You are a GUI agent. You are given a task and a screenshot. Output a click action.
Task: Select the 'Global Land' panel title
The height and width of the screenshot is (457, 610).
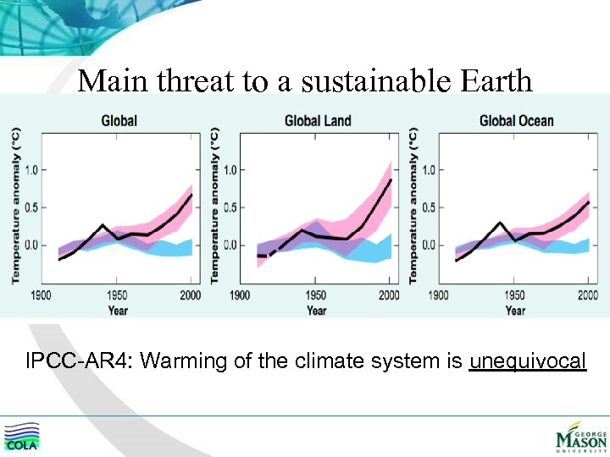(318, 121)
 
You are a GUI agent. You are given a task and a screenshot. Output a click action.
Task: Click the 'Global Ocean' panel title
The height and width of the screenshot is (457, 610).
(516, 121)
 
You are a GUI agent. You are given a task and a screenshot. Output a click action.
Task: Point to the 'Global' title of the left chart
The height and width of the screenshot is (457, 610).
(119, 121)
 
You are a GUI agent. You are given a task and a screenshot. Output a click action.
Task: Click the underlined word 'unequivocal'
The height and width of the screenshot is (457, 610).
(527, 362)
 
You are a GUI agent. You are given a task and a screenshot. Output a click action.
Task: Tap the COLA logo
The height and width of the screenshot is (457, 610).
(21, 436)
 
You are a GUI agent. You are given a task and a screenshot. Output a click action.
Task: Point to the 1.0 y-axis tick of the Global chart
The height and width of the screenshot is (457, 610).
(30, 169)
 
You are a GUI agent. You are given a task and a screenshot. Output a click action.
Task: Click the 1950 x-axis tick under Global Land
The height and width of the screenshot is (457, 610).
(314, 295)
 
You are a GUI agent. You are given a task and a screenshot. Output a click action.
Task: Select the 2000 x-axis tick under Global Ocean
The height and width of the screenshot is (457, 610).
(587, 295)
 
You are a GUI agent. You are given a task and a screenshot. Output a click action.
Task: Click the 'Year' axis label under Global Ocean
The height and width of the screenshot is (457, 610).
(515, 311)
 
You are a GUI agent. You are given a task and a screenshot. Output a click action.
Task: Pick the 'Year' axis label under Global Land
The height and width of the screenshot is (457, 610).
(316, 311)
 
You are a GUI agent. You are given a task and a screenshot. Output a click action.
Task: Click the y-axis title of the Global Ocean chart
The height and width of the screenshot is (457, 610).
(414, 206)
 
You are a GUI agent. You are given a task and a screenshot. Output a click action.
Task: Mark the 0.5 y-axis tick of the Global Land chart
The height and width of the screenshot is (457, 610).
(230, 207)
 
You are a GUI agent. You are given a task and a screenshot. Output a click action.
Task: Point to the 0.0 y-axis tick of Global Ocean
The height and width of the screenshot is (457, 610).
(429, 245)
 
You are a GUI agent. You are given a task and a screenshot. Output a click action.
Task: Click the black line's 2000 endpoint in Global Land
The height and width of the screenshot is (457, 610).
(391, 179)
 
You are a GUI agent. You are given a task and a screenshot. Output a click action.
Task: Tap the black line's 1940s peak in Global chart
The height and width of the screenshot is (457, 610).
(103, 225)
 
